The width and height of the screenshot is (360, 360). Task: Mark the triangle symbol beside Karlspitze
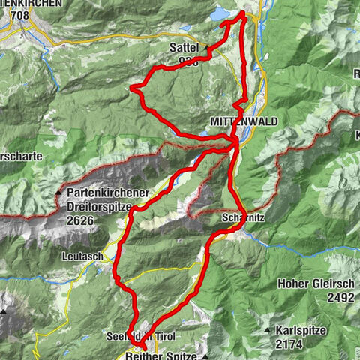[267, 331]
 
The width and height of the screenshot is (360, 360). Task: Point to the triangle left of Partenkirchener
[58, 193]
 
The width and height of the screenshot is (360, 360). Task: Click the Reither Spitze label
[154, 355]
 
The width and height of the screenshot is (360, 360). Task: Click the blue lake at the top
[223, 14]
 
